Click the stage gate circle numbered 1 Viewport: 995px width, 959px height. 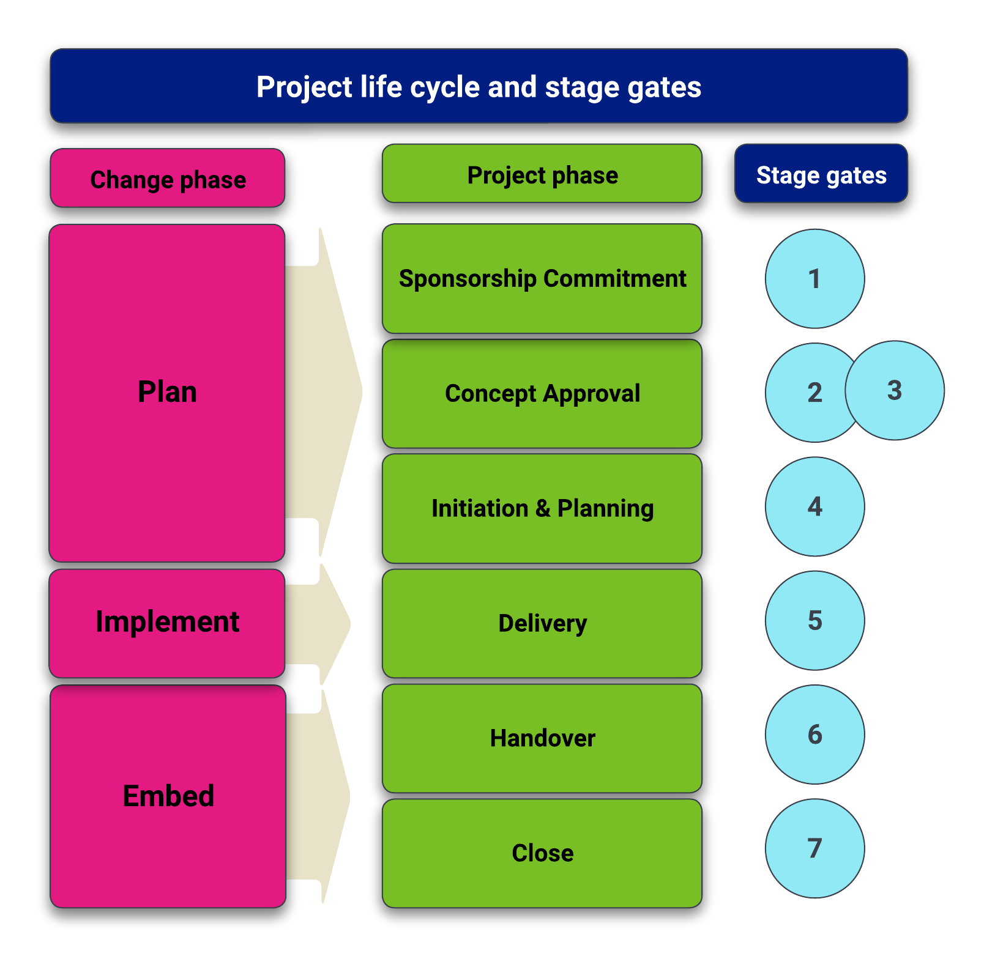(x=814, y=279)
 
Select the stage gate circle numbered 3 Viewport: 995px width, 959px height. (x=895, y=390)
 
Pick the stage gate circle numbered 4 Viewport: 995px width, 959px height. (x=814, y=506)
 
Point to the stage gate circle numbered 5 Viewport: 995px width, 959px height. (x=814, y=620)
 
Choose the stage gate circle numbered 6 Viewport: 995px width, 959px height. (x=814, y=734)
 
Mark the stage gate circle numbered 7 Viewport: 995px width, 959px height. (x=814, y=848)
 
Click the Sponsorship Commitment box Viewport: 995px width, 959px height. (x=542, y=279)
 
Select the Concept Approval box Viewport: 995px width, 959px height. (x=542, y=393)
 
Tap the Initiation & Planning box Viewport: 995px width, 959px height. (x=542, y=508)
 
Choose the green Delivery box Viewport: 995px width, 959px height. (x=542, y=623)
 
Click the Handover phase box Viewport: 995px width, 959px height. (x=542, y=738)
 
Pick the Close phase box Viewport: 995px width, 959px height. (x=542, y=853)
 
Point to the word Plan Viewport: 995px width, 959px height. (x=167, y=392)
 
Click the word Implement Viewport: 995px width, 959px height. (x=167, y=622)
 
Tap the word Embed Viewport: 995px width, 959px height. (x=168, y=796)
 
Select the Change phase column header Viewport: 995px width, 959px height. (x=168, y=179)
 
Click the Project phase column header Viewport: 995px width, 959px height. (x=542, y=174)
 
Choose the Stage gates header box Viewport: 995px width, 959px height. (x=821, y=174)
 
